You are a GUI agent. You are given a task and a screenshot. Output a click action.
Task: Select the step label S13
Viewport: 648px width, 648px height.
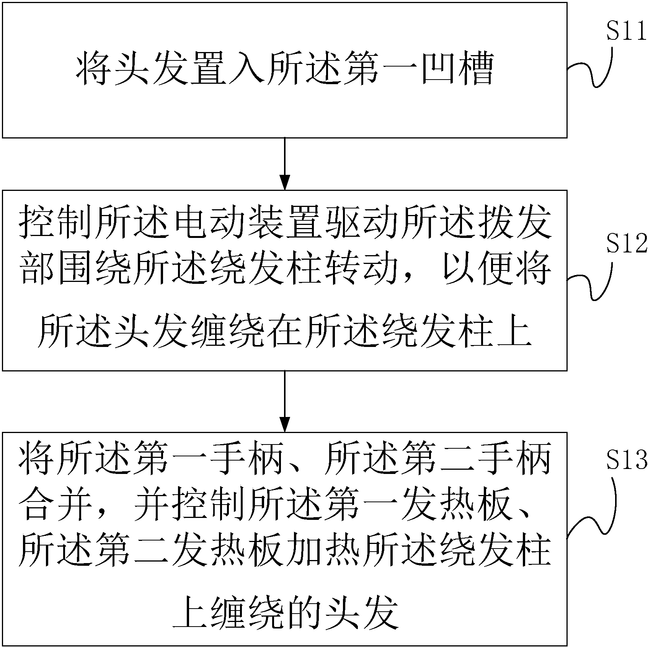tap(625, 459)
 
